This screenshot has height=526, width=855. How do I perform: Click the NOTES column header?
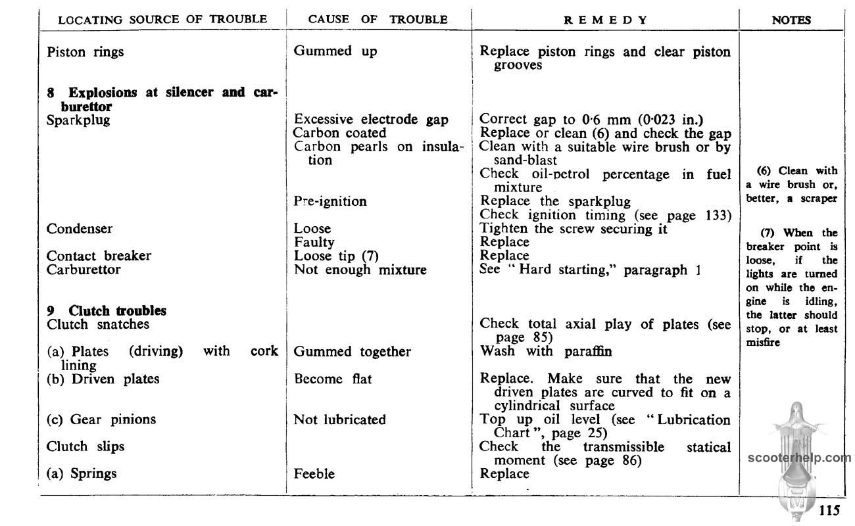pos(791,20)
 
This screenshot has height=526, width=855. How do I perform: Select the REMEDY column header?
pos(606,20)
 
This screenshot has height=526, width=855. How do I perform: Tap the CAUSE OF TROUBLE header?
pos(378,19)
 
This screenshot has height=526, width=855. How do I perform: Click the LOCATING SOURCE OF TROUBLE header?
pos(163,19)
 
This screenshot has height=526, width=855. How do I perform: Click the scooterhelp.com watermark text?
pos(799,458)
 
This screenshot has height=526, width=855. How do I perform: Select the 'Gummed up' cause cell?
pos(335,51)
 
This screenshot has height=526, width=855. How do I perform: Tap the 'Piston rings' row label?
pos(85,52)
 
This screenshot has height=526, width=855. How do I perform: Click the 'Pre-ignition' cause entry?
pos(330,201)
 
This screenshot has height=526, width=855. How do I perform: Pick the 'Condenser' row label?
pos(80,229)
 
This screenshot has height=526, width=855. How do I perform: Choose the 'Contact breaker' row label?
pos(99,256)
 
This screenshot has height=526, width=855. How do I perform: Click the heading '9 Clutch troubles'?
pos(107,310)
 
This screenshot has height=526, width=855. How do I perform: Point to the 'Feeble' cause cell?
pos(314,473)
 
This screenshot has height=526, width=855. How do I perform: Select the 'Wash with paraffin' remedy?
pos(546,351)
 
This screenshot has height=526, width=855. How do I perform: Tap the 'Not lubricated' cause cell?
pos(340,419)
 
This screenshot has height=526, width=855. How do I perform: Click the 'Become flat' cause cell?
pos(333,379)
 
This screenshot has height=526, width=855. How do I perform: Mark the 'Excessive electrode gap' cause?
pos(371,119)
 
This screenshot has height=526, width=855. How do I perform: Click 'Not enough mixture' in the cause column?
pos(360,269)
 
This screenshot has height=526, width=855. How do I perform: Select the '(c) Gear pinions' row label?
pos(101,419)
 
